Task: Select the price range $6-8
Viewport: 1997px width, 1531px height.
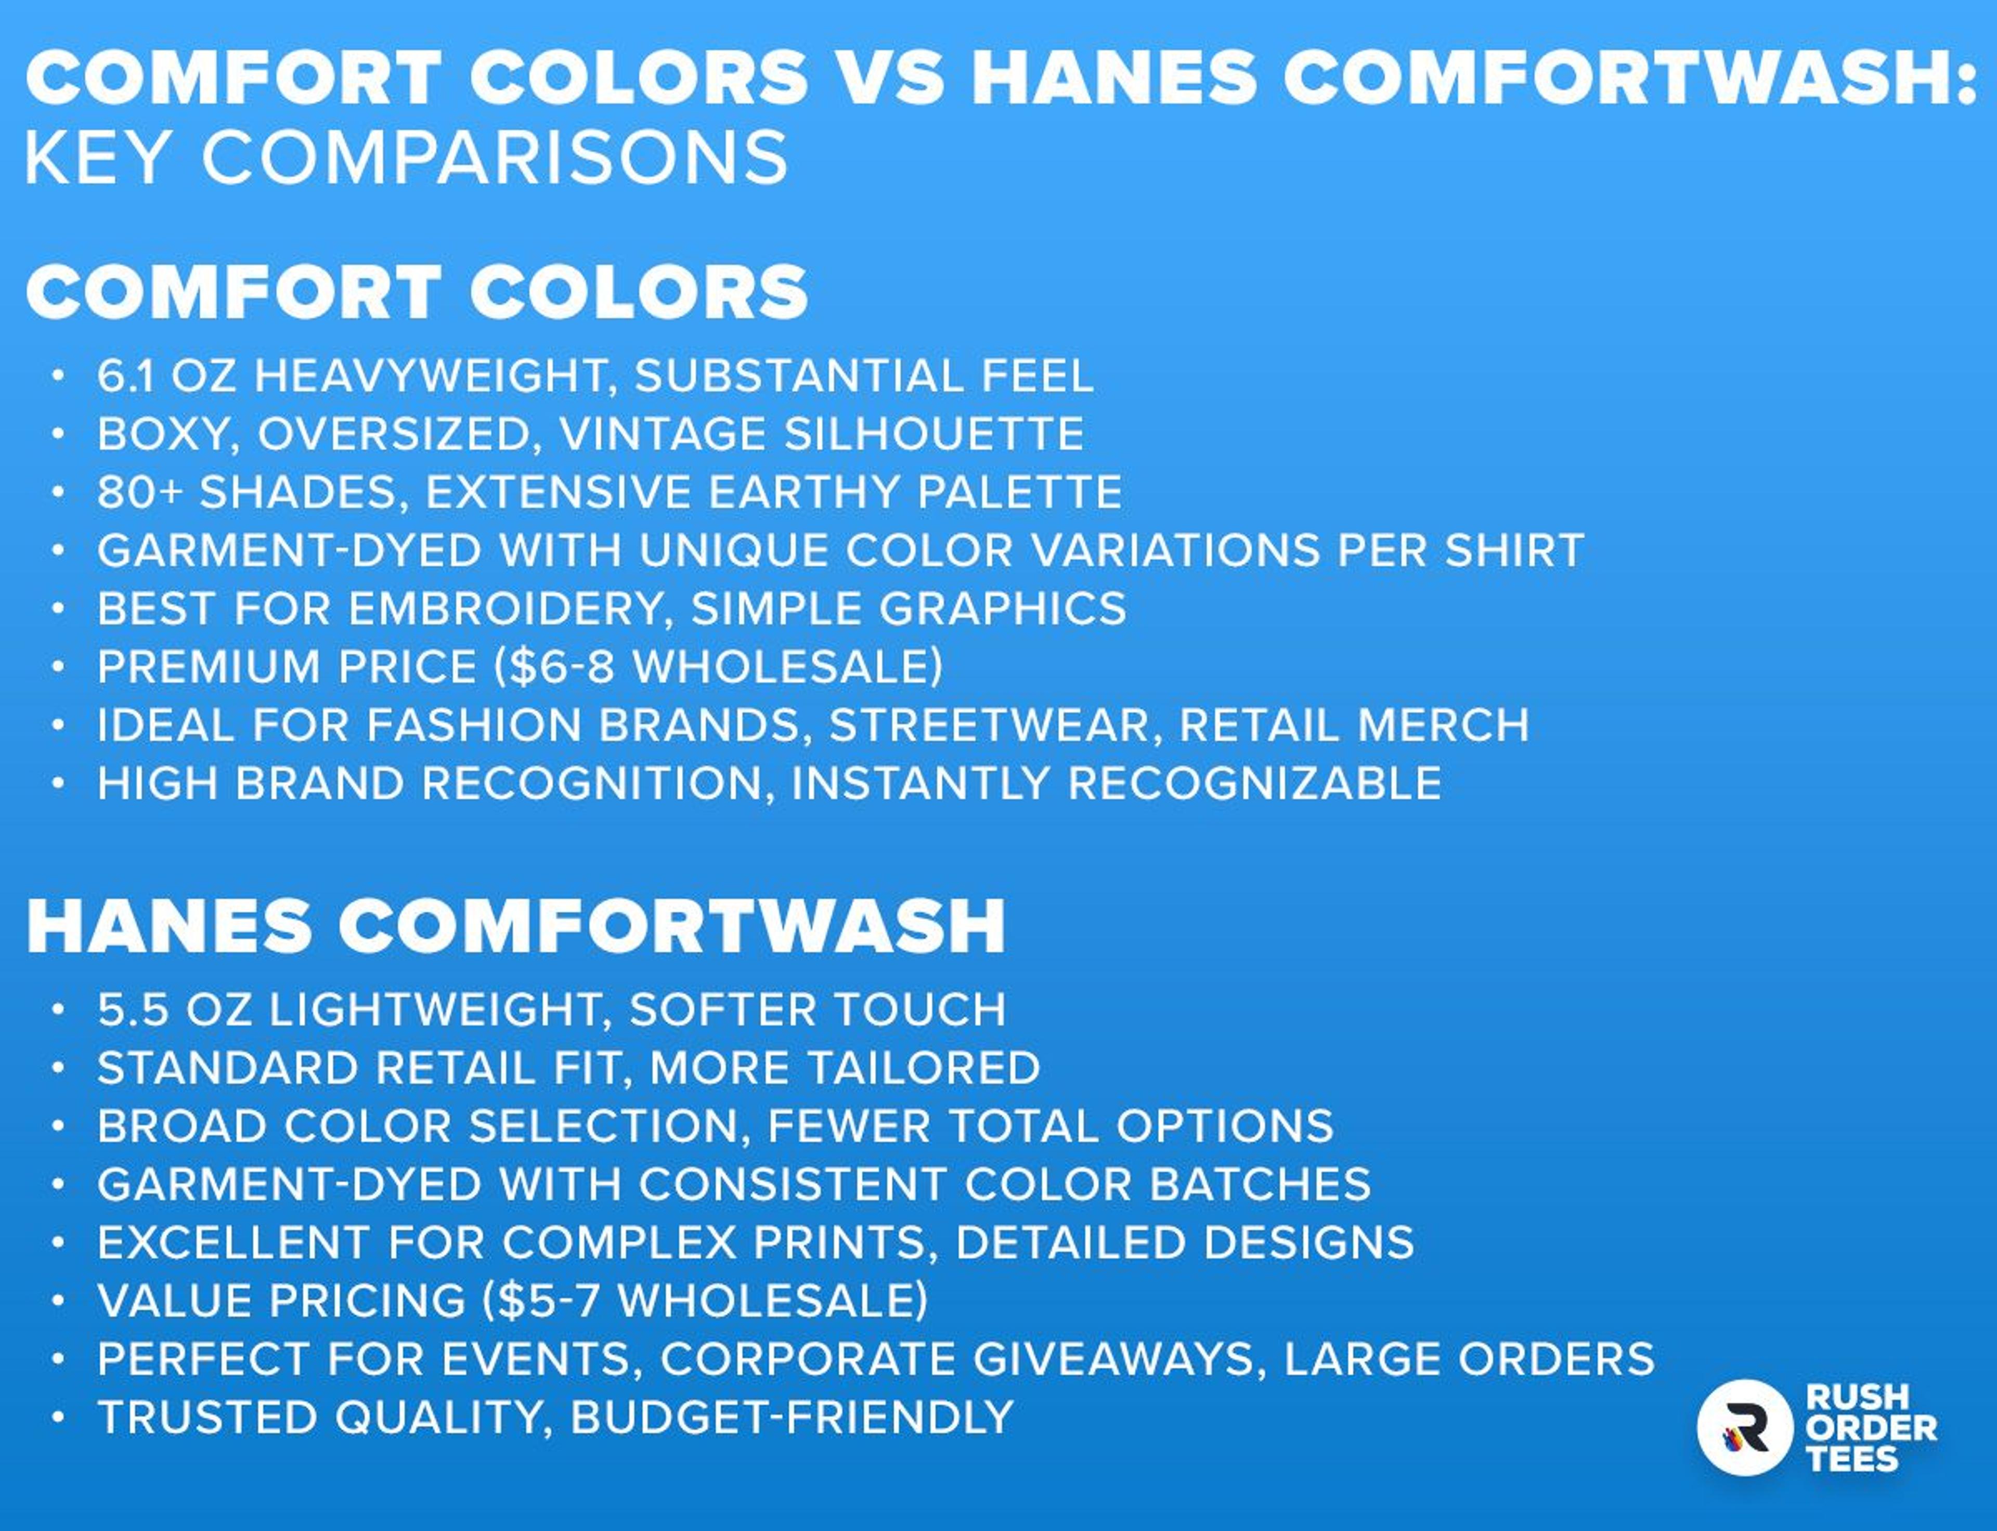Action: (x=562, y=667)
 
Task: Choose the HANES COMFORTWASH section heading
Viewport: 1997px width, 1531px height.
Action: (x=516, y=926)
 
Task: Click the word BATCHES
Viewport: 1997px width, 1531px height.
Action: (x=1260, y=1185)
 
